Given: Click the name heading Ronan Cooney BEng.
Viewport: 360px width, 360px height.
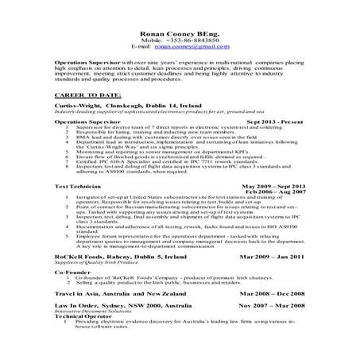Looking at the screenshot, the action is (x=180, y=35).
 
